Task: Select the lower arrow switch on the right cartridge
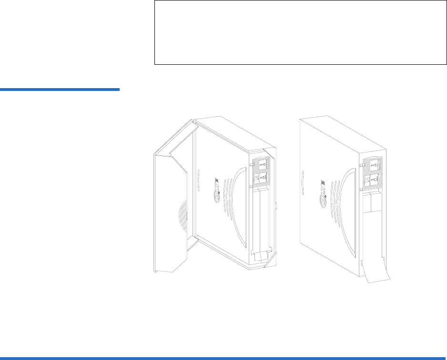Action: (x=373, y=180)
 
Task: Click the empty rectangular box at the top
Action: (x=296, y=32)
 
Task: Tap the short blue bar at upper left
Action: (x=60, y=89)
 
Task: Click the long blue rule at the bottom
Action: (x=223, y=357)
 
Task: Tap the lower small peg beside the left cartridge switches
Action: (x=251, y=187)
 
